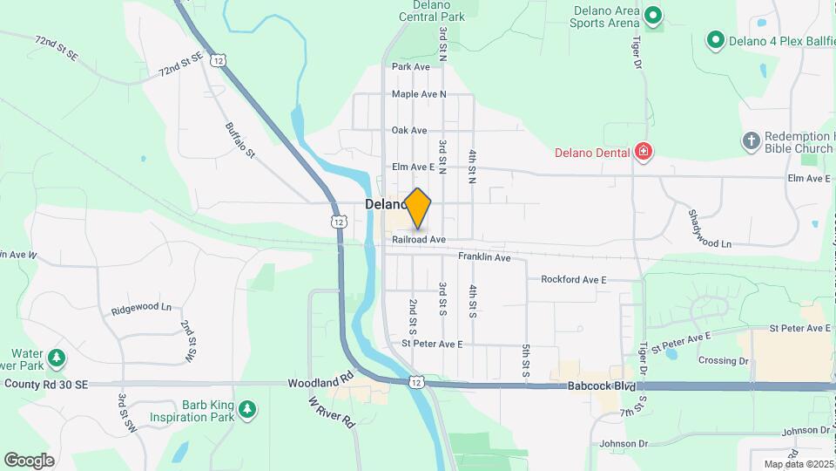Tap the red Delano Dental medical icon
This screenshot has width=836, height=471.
(x=644, y=153)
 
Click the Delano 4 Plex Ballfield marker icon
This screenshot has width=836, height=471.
(x=715, y=39)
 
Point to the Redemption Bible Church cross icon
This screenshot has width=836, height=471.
(x=751, y=140)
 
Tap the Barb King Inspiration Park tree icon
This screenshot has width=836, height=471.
(x=247, y=408)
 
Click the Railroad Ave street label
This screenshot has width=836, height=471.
(x=418, y=239)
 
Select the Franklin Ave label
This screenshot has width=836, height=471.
(x=484, y=257)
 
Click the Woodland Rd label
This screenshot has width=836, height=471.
(x=320, y=382)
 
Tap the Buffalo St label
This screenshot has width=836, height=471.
(x=239, y=140)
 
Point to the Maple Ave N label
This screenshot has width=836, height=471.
(x=418, y=94)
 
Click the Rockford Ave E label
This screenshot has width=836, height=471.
(x=573, y=280)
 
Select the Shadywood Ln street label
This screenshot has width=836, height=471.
(x=709, y=229)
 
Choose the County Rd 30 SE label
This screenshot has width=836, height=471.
(x=46, y=384)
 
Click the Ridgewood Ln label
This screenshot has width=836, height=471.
(x=141, y=310)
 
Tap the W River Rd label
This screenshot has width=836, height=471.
(x=332, y=413)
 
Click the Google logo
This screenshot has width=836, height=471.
(x=29, y=461)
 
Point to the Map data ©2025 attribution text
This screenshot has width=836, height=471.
(x=798, y=464)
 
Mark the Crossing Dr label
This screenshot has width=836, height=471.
(x=723, y=360)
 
